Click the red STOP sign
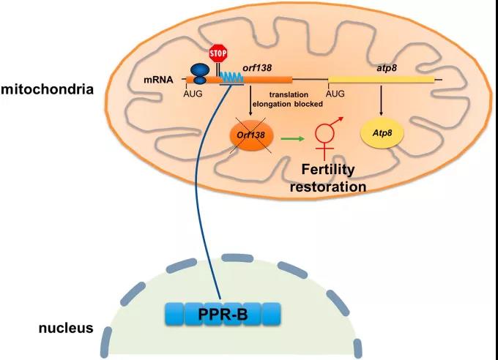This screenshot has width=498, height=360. pos(218,53)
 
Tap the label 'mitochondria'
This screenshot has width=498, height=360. pos(47,91)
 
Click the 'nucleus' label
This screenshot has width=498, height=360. pos(65,328)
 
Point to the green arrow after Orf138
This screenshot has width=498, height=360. pos(292,136)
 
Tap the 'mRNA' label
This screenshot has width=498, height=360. pos(158,78)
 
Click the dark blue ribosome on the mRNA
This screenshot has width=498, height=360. pos(200,72)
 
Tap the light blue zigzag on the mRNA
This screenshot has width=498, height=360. pos(232,76)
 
